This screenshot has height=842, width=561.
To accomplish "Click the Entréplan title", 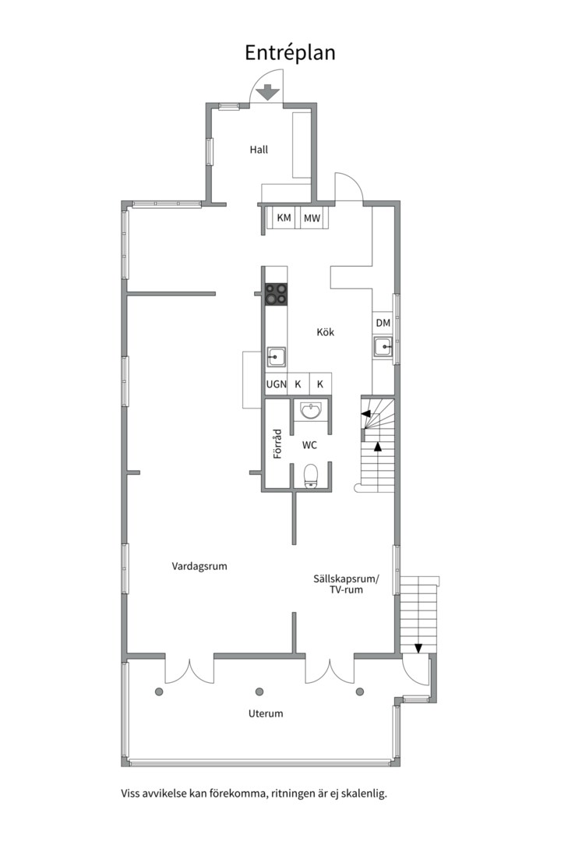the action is [290, 53].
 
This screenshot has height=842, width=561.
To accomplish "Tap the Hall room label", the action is [259, 150].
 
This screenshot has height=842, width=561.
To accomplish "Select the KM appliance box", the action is [284, 218].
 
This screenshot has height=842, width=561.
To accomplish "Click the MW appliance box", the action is [312, 218].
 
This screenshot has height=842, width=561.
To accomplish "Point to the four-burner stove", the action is [276, 294].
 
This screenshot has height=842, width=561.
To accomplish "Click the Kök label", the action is [326, 332].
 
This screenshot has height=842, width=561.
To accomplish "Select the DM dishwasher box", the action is [383, 323].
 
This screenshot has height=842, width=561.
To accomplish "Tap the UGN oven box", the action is [277, 384].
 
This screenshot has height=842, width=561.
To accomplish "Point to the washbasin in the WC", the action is [312, 411].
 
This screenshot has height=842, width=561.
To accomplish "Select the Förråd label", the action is [277, 444].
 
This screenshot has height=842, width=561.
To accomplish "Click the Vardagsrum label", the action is [199, 567].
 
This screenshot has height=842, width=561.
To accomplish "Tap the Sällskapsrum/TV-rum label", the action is [346, 584].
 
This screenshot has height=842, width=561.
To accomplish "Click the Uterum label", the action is [266, 713].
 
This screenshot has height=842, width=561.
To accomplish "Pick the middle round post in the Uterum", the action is [259, 692].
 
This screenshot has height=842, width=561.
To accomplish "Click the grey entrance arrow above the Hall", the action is [266, 92].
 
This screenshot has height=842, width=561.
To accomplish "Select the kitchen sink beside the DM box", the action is [383, 347].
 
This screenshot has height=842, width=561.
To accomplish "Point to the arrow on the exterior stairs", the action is [418, 648].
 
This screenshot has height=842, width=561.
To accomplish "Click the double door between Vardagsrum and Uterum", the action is [189, 671].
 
